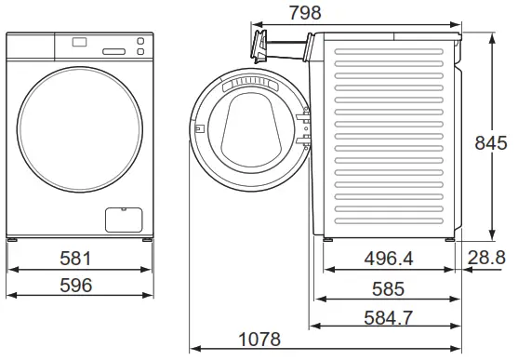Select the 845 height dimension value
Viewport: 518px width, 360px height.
[490, 142]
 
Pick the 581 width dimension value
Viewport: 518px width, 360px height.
[77, 258]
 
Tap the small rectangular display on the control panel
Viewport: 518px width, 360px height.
[79, 42]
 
